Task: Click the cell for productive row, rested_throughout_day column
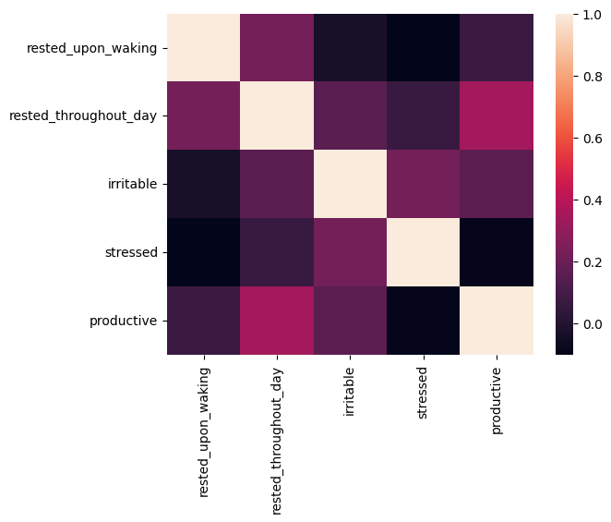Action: pyautogui.click(x=277, y=321)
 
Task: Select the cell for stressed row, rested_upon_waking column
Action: pyautogui.click(x=204, y=252)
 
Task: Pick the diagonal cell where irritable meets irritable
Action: pyautogui.click(x=350, y=184)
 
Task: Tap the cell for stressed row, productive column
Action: pyautogui.click(x=496, y=252)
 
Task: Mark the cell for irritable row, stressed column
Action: pyautogui.click(x=423, y=184)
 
